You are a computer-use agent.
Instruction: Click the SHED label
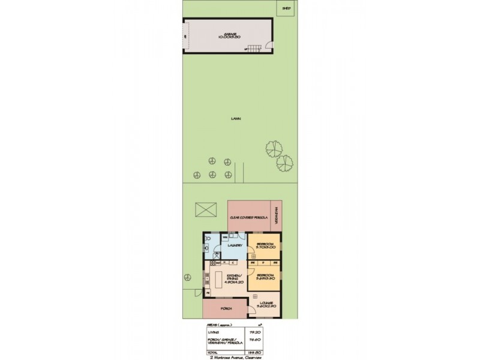pos(287,8)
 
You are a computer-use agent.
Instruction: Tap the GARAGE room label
pos(229,35)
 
